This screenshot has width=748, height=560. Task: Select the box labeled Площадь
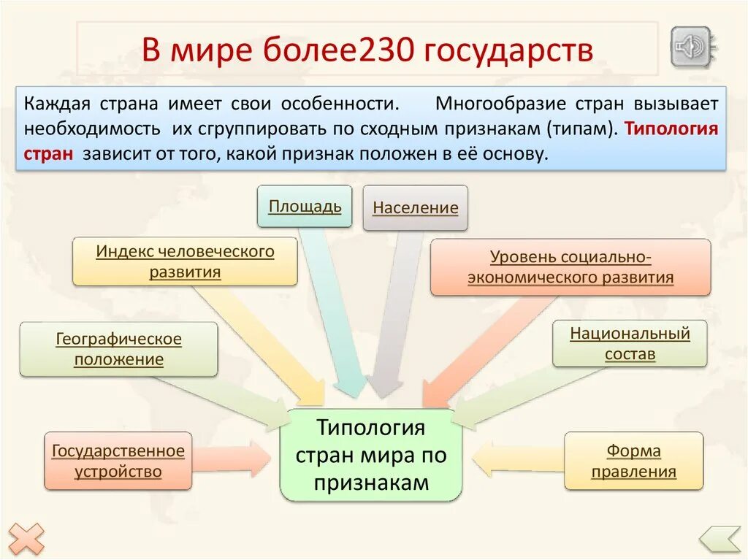[x=305, y=206]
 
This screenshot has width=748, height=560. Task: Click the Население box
[x=415, y=208]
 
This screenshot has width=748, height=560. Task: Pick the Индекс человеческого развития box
[x=185, y=261]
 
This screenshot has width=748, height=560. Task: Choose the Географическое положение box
[x=118, y=349]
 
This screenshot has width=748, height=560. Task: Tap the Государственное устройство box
[x=118, y=461]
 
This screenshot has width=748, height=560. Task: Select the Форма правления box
[x=633, y=461]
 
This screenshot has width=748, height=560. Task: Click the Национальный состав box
[x=630, y=343]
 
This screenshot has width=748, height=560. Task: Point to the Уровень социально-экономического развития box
[x=570, y=266]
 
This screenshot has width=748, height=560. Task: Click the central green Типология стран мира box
[x=370, y=455]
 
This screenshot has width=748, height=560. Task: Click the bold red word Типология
[x=672, y=129]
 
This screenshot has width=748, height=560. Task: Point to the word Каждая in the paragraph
[x=52, y=104]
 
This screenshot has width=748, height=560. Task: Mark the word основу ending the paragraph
[x=518, y=154]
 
